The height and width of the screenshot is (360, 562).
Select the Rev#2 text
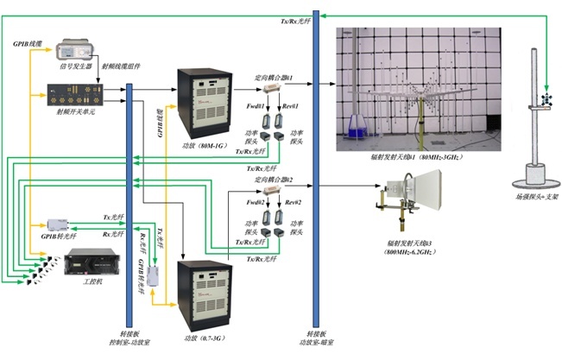pos(291,201)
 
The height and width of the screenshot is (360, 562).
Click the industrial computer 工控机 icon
pos(85,263)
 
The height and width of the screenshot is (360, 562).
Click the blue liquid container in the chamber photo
pos(354,132)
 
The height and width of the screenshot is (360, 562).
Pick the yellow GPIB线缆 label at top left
pos(30,41)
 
